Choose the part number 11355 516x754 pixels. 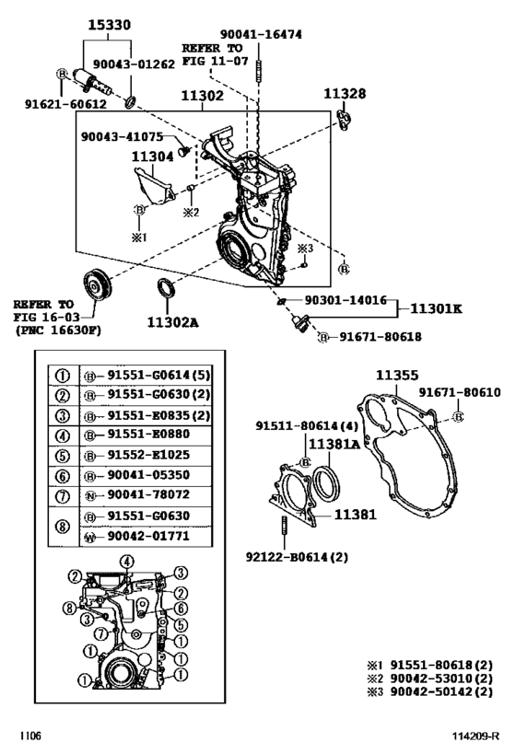tap(397, 376)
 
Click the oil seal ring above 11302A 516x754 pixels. tap(167, 288)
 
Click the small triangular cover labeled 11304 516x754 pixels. tap(149, 183)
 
